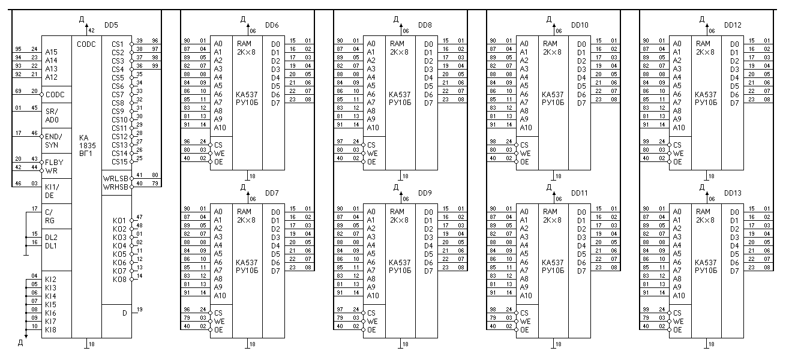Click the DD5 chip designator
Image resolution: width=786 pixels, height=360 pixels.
coord(111,25)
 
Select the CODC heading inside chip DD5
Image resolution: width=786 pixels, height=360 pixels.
coord(86,44)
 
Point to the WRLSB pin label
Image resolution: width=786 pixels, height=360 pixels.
coord(115,179)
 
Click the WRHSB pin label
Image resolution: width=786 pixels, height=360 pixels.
coord(115,187)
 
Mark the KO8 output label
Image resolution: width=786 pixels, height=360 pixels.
coord(119,279)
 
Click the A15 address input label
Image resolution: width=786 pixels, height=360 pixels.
coord(51,52)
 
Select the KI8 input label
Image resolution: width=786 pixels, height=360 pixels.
coord(50,329)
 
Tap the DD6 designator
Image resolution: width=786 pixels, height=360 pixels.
coord(272,25)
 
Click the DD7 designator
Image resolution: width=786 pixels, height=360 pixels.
coord(272,193)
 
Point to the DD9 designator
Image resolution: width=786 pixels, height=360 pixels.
coord(425,193)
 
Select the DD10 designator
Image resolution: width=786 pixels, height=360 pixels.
coord(580,25)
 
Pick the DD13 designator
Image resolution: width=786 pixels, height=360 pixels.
coord(733,193)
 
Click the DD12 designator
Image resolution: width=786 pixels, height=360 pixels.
coord(733,25)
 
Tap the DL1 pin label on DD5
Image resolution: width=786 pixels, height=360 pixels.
coord(50,245)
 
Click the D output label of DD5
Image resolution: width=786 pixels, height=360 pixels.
coord(124,313)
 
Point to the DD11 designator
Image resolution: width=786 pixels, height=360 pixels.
coord(580,193)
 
